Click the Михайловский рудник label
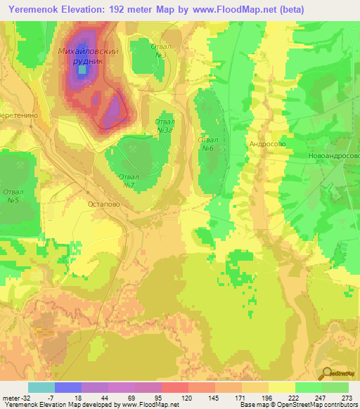click(87, 56)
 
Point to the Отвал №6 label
click(207, 143)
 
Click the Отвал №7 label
click(129, 181)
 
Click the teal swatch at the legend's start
click(41, 387)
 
